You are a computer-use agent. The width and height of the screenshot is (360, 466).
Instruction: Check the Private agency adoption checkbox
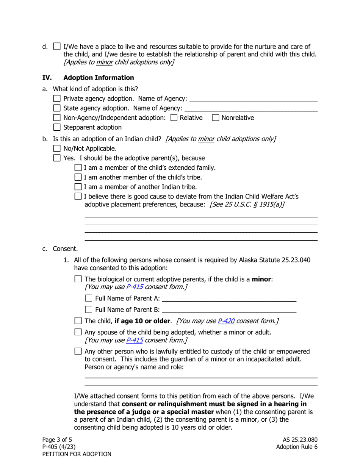click(57, 99)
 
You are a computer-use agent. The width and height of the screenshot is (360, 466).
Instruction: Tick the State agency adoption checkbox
click(57, 108)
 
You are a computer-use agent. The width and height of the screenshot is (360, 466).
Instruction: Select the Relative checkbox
click(174, 118)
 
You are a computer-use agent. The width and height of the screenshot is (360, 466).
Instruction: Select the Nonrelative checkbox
click(216, 118)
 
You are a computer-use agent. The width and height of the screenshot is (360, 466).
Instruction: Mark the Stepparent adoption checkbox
click(57, 127)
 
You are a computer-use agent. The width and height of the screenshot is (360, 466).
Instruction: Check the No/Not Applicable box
click(57, 148)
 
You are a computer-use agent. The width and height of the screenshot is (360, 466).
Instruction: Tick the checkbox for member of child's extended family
click(78, 167)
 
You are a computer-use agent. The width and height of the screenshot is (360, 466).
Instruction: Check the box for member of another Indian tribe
click(78, 187)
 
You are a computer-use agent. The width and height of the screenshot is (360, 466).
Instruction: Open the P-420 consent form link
click(226, 321)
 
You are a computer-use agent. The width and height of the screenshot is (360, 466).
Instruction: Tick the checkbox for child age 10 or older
click(78, 321)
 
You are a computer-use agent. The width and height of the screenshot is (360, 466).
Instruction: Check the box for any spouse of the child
click(78, 332)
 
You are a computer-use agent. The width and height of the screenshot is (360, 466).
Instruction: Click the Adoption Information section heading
click(99, 78)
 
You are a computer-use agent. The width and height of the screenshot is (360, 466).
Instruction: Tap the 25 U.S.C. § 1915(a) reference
click(247, 204)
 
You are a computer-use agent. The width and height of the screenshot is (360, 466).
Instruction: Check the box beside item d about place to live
click(57, 47)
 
